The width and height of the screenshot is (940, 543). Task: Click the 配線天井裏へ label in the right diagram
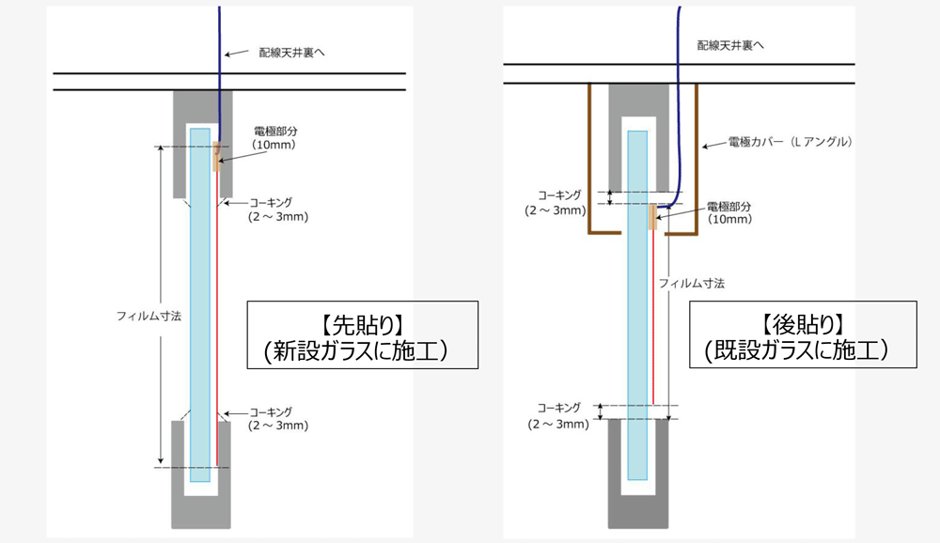click(731, 44)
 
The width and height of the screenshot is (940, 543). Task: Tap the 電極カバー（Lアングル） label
click(790, 144)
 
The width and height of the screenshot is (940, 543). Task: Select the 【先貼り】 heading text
click(362, 325)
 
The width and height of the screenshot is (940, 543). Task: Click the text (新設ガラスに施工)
click(362, 351)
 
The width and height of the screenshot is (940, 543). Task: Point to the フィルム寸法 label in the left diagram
click(141, 317)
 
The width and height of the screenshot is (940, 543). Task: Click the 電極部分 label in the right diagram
click(730, 207)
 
